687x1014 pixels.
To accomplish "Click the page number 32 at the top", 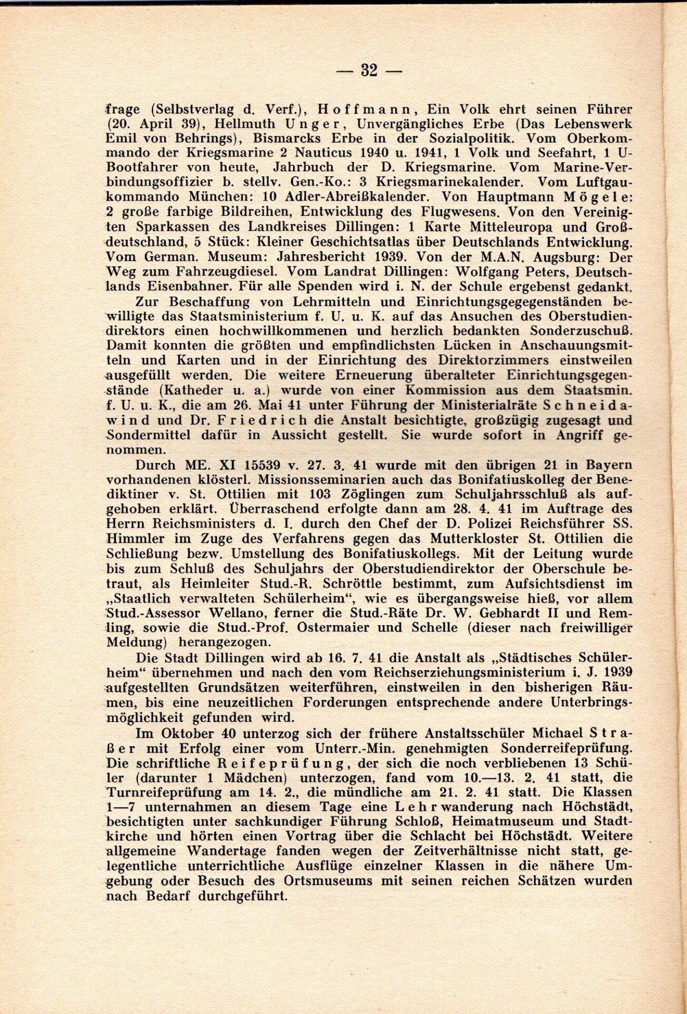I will point(369,70).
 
